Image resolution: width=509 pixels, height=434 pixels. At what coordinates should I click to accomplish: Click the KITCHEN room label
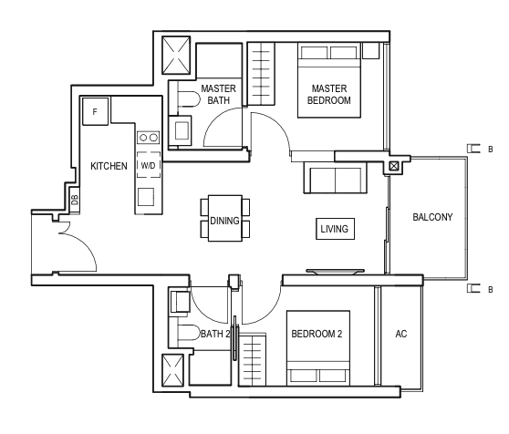click(109, 166)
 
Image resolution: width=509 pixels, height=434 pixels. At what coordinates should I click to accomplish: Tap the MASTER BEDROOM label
click(328, 95)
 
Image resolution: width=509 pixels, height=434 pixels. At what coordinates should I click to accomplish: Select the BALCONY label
click(432, 217)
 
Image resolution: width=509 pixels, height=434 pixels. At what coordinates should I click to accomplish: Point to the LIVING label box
click(335, 229)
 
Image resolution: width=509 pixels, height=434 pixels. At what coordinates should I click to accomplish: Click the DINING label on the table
click(224, 221)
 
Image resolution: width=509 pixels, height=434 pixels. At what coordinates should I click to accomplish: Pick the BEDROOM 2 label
click(317, 334)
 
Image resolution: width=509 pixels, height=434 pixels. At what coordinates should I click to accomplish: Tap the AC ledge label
click(400, 334)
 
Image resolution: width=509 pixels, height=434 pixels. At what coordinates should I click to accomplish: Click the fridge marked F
click(95, 111)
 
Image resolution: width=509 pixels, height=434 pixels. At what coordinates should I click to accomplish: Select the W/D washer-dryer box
click(149, 165)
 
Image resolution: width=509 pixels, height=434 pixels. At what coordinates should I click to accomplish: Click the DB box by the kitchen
click(75, 200)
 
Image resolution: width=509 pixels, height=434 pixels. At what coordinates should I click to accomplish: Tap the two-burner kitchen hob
click(149, 138)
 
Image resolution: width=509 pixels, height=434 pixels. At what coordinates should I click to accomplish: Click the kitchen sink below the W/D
click(146, 197)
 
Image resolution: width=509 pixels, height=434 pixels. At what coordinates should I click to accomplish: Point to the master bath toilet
click(189, 99)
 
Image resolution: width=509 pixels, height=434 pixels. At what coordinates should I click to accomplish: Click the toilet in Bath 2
click(189, 333)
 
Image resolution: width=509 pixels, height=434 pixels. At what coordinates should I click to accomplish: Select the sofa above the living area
click(336, 178)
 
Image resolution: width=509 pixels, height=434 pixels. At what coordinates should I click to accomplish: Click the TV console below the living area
click(335, 271)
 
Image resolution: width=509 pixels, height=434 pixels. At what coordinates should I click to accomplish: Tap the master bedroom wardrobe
click(261, 74)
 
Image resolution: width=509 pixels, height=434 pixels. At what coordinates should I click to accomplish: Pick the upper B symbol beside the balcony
click(480, 149)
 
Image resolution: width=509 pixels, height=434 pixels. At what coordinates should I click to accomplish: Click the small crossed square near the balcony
click(393, 167)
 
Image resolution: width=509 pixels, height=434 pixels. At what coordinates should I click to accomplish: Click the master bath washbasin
click(180, 130)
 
